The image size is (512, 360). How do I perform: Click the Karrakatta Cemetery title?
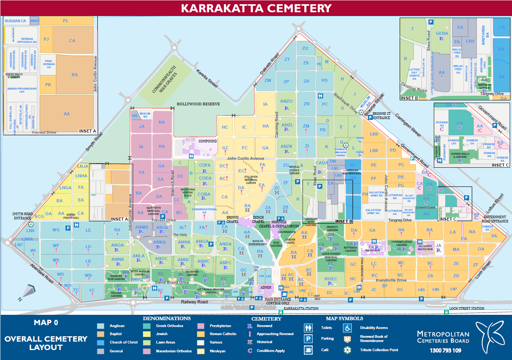[x=256, y=8]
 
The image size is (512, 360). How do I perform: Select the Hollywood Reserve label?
[x=198, y=104]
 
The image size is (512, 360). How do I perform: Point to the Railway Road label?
[x=194, y=302]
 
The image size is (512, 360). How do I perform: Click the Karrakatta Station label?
[x=301, y=308]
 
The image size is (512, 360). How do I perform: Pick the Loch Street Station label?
[x=466, y=308]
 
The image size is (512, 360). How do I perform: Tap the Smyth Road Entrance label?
[x=23, y=216]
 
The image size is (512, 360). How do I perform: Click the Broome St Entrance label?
[x=381, y=116]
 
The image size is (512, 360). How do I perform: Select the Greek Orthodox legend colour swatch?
[x=147, y=326]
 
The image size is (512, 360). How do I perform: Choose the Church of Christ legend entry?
[x=123, y=342]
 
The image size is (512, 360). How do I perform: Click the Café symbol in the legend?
[x=308, y=350]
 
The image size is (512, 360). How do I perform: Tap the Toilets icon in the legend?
[x=308, y=328]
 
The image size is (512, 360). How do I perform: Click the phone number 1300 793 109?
[x=445, y=350]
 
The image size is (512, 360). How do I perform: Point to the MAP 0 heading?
[x=46, y=322]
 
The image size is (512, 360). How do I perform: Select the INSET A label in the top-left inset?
[x=87, y=131]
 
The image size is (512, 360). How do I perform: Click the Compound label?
[x=207, y=141]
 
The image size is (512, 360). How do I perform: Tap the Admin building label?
[x=266, y=287]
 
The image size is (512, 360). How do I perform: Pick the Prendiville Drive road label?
[x=391, y=280]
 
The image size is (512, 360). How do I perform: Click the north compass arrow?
[x=28, y=292]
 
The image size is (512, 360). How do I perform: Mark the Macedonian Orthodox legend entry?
[x=174, y=351]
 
